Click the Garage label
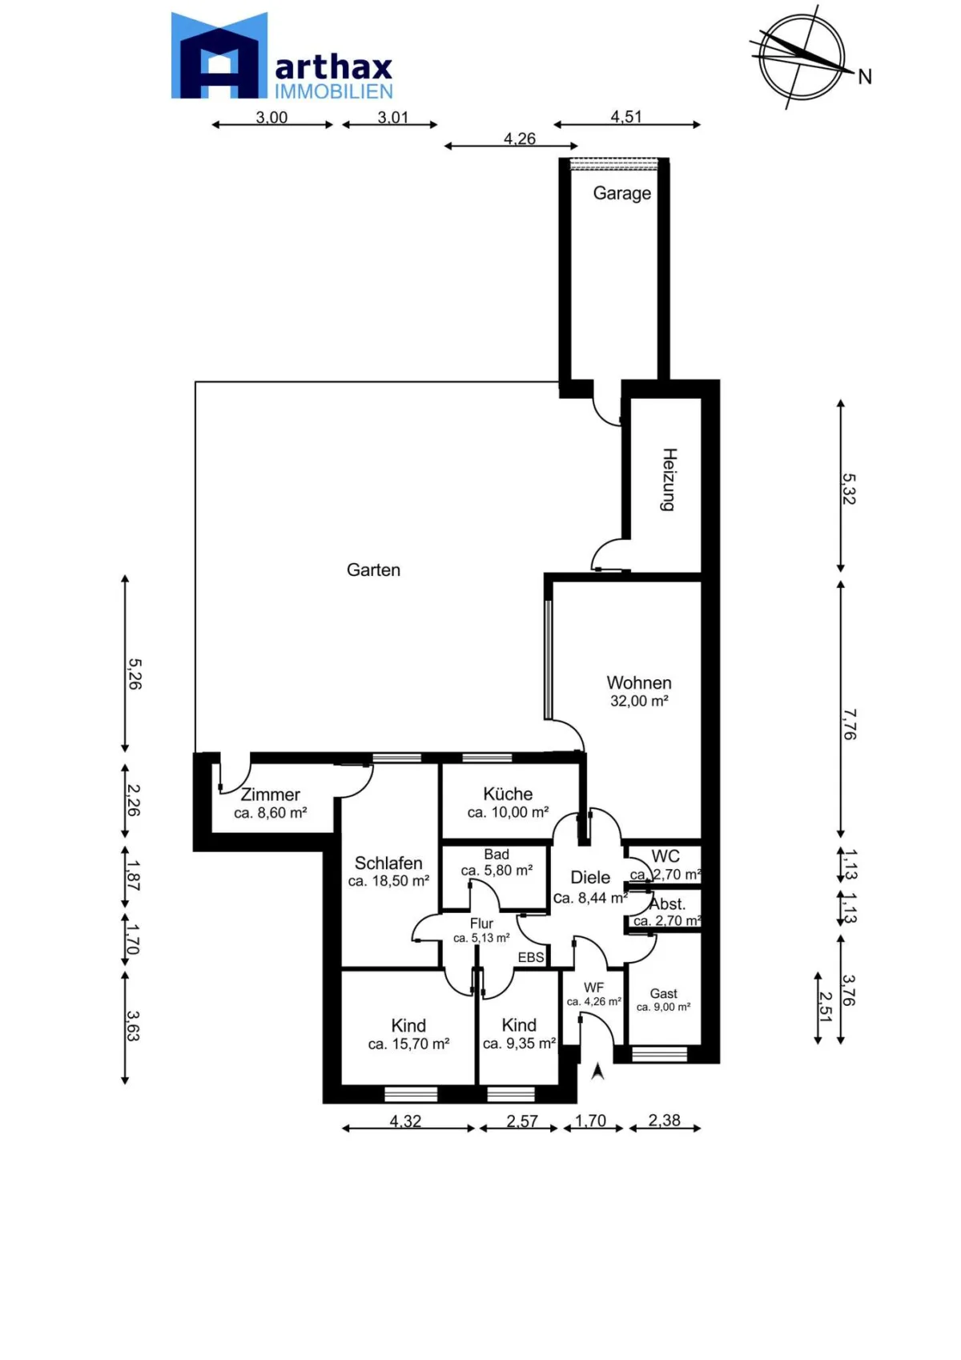(621, 193)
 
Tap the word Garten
(373, 569)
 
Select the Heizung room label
(669, 480)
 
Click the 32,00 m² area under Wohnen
(638, 701)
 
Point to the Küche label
(508, 794)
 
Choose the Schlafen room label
(388, 863)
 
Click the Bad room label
(497, 855)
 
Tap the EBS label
(531, 957)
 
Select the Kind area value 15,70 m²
(408, 1044)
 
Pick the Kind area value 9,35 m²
(519, 1044)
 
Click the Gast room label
(663, 993)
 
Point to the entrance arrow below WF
(597, 1071)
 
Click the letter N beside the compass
(864, 77)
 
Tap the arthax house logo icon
(219, 55)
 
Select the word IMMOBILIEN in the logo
(334, 91)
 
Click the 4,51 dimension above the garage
(626, 116)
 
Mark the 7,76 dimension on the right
(850, 724)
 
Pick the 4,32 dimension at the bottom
(405, 1121)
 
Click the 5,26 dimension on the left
(135, 674)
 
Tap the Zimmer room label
(270, 795)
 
